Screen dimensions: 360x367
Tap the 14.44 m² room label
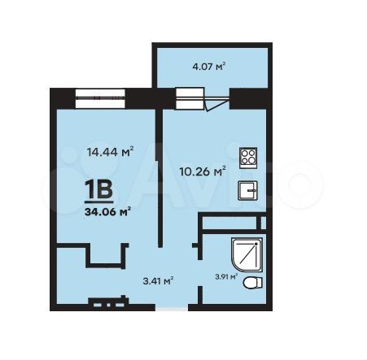tap(108, 150)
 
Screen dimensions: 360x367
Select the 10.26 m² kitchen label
tap(202, 171)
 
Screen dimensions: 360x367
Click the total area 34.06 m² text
tap(107, 212)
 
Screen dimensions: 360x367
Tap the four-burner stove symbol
tap(247, 156)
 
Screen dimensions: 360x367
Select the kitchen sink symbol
tap(247, 190)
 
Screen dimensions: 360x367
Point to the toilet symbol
tap(254, 282)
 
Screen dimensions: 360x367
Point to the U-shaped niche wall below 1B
tap(105, 262)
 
